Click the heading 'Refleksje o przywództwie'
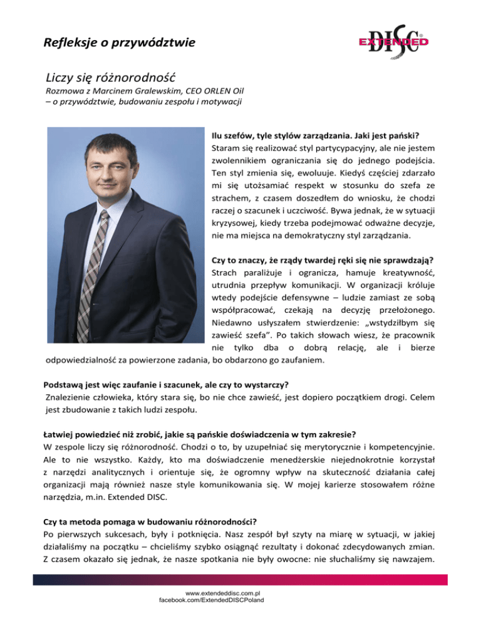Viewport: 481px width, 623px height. (x=119, y=43)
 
